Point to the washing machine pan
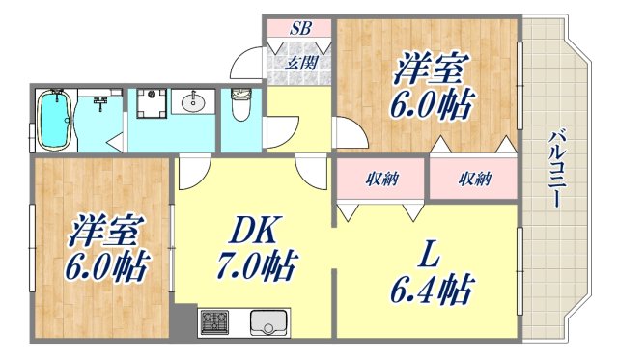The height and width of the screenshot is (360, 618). (x=150, y=104)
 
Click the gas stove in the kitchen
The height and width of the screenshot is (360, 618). (x=214, y=321)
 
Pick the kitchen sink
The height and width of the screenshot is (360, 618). (x=267, y=321)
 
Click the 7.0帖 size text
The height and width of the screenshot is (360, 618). (x=256, y=264)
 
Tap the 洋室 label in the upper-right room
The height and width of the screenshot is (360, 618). (x=432, y=69)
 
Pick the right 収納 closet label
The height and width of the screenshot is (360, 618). (x=475, y=178)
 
